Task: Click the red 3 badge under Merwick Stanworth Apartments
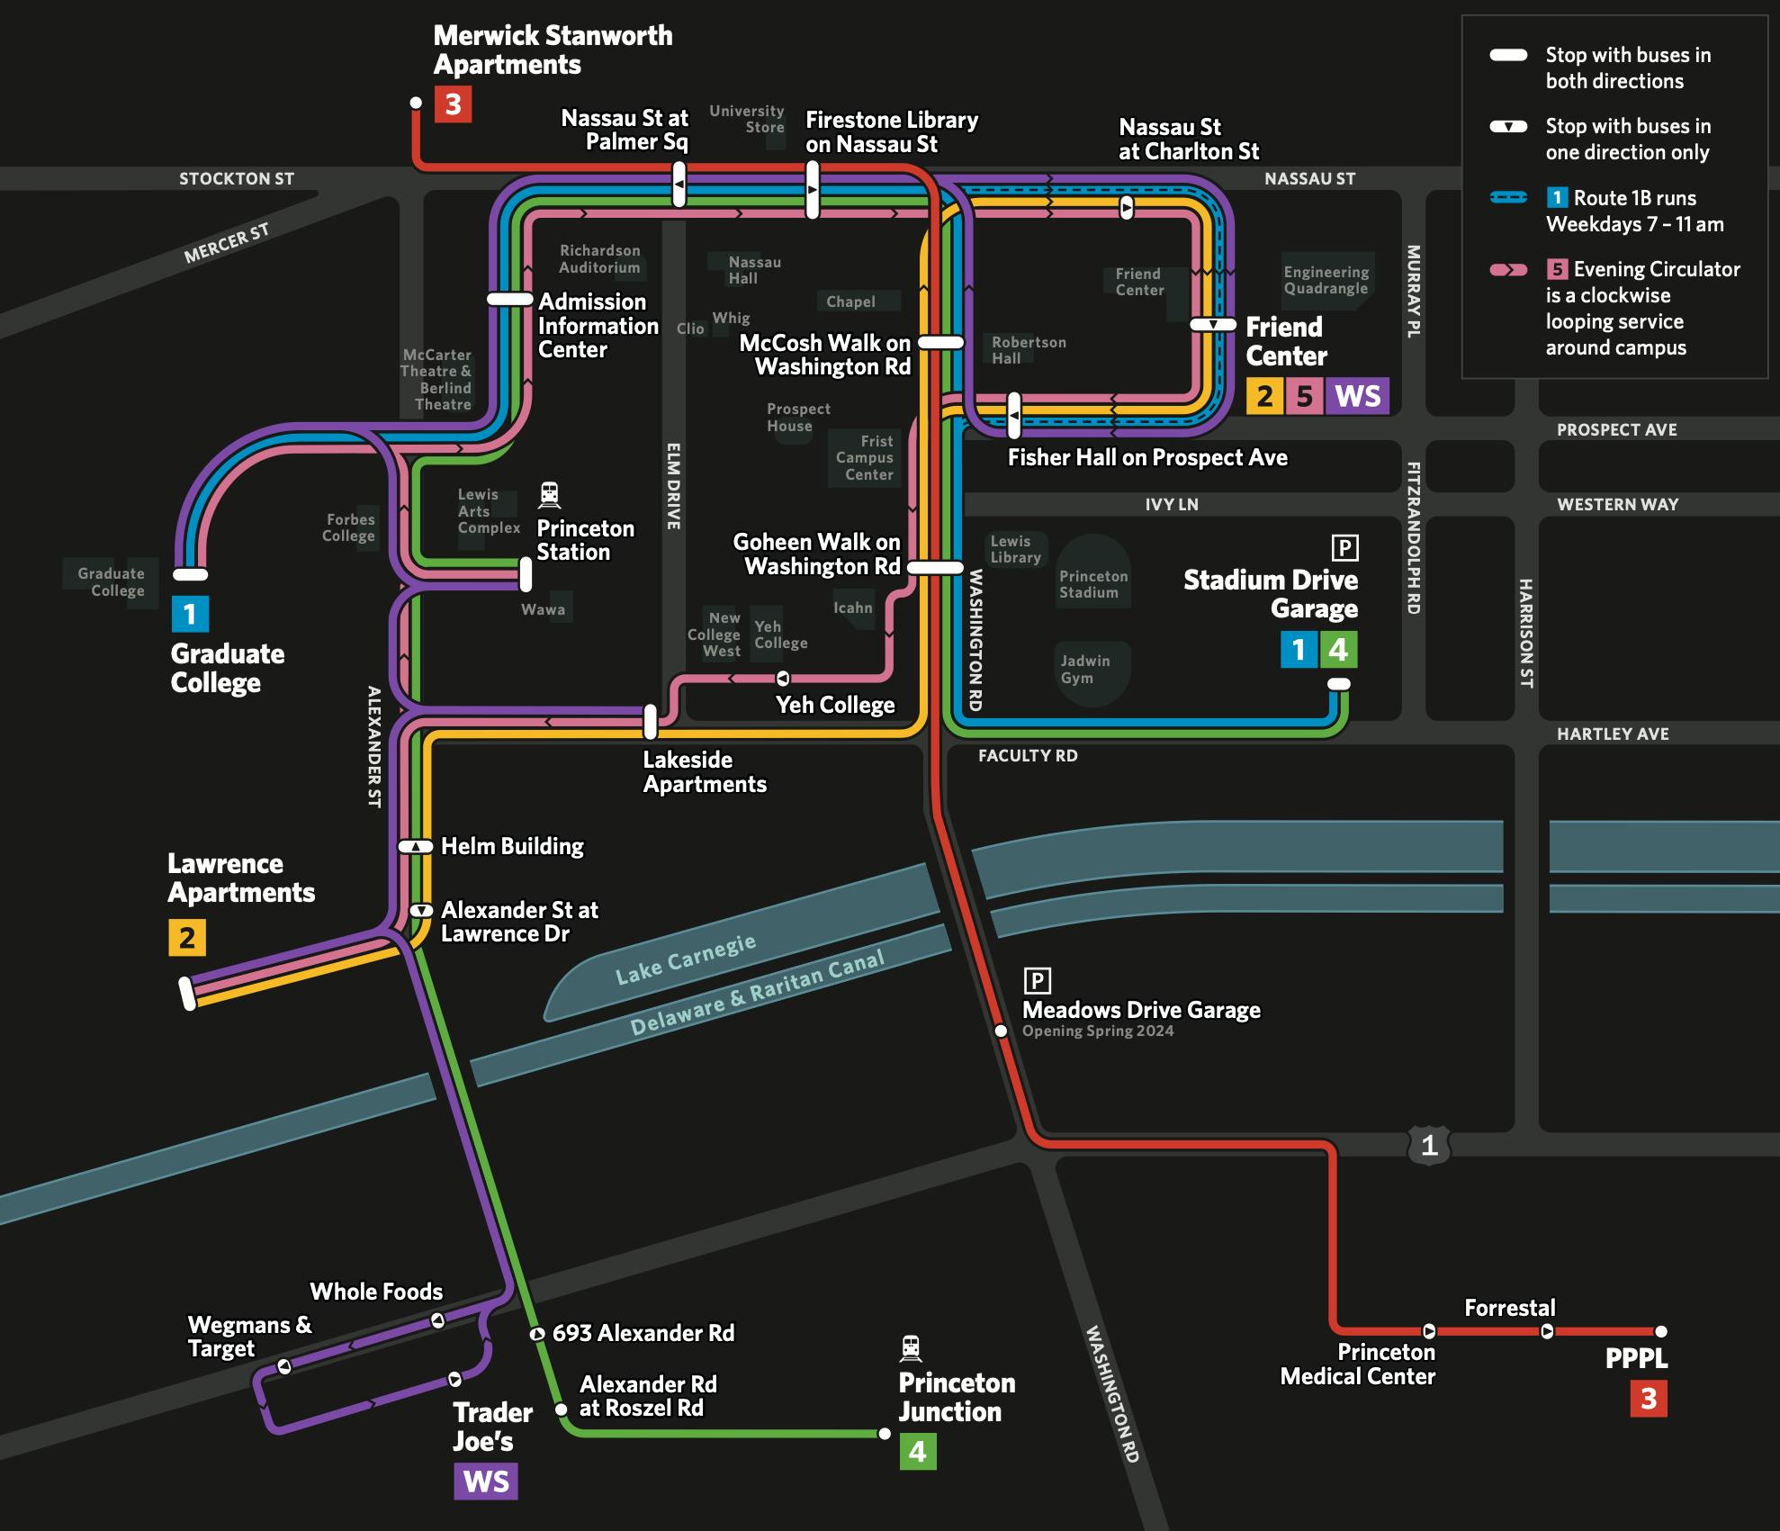click(453, 104)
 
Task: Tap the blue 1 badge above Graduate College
click(190, 614)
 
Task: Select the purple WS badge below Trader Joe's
click(486, 1481)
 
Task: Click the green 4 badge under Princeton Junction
click(917, 1451)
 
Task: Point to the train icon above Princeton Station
click(549, 494)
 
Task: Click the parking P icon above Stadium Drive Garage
click(1344, 547)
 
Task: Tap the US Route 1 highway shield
click(1429, 1145)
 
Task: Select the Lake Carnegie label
click(685, 960)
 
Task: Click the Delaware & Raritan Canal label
click(757, 994)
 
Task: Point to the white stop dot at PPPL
click(1661, 1331)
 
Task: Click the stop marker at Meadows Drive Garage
click(1001, 1031)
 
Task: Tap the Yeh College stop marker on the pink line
click(783, 678)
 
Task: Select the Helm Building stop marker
click(416, 846)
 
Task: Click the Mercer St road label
click(227, 243)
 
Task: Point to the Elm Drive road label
click(673, 485)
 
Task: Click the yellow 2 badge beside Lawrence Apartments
click(187, 938)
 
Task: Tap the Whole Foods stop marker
click(438, 1320)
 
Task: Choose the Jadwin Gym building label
click(1084, 669)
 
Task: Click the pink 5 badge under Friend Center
click(1304, 396)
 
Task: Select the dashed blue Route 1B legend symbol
click(1508, 197)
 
